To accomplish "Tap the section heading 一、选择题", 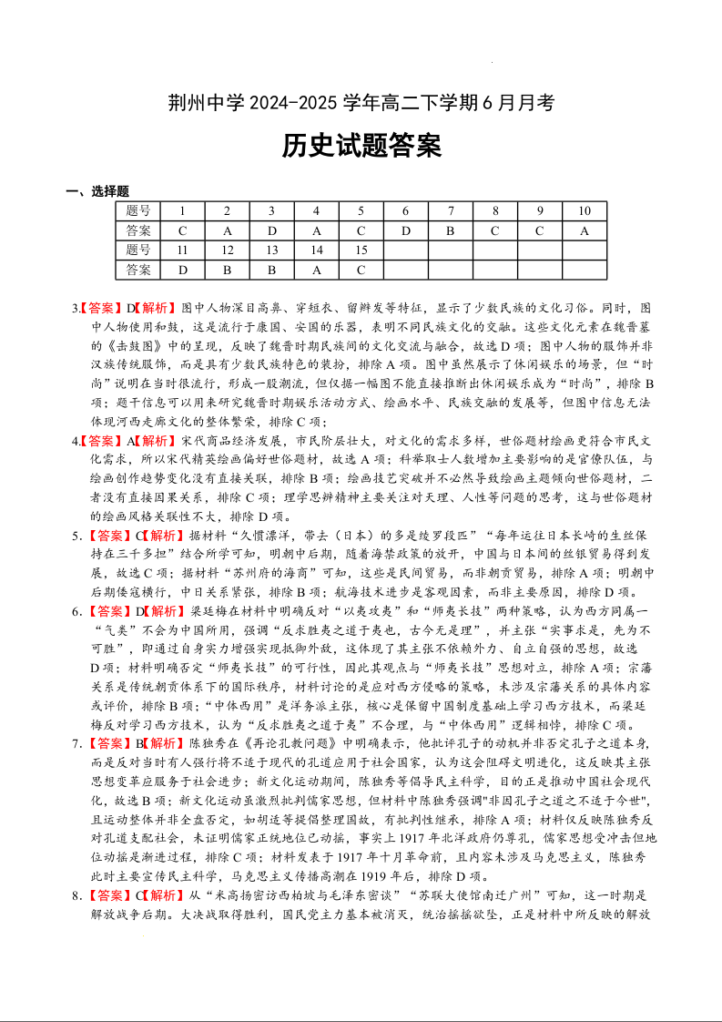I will (97, 191).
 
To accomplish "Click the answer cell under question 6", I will (406, 230).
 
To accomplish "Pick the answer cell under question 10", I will (584, 230).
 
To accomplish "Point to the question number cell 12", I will (228, 250).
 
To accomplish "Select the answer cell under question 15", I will (361, 270).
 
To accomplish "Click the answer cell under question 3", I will (271, 230).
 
